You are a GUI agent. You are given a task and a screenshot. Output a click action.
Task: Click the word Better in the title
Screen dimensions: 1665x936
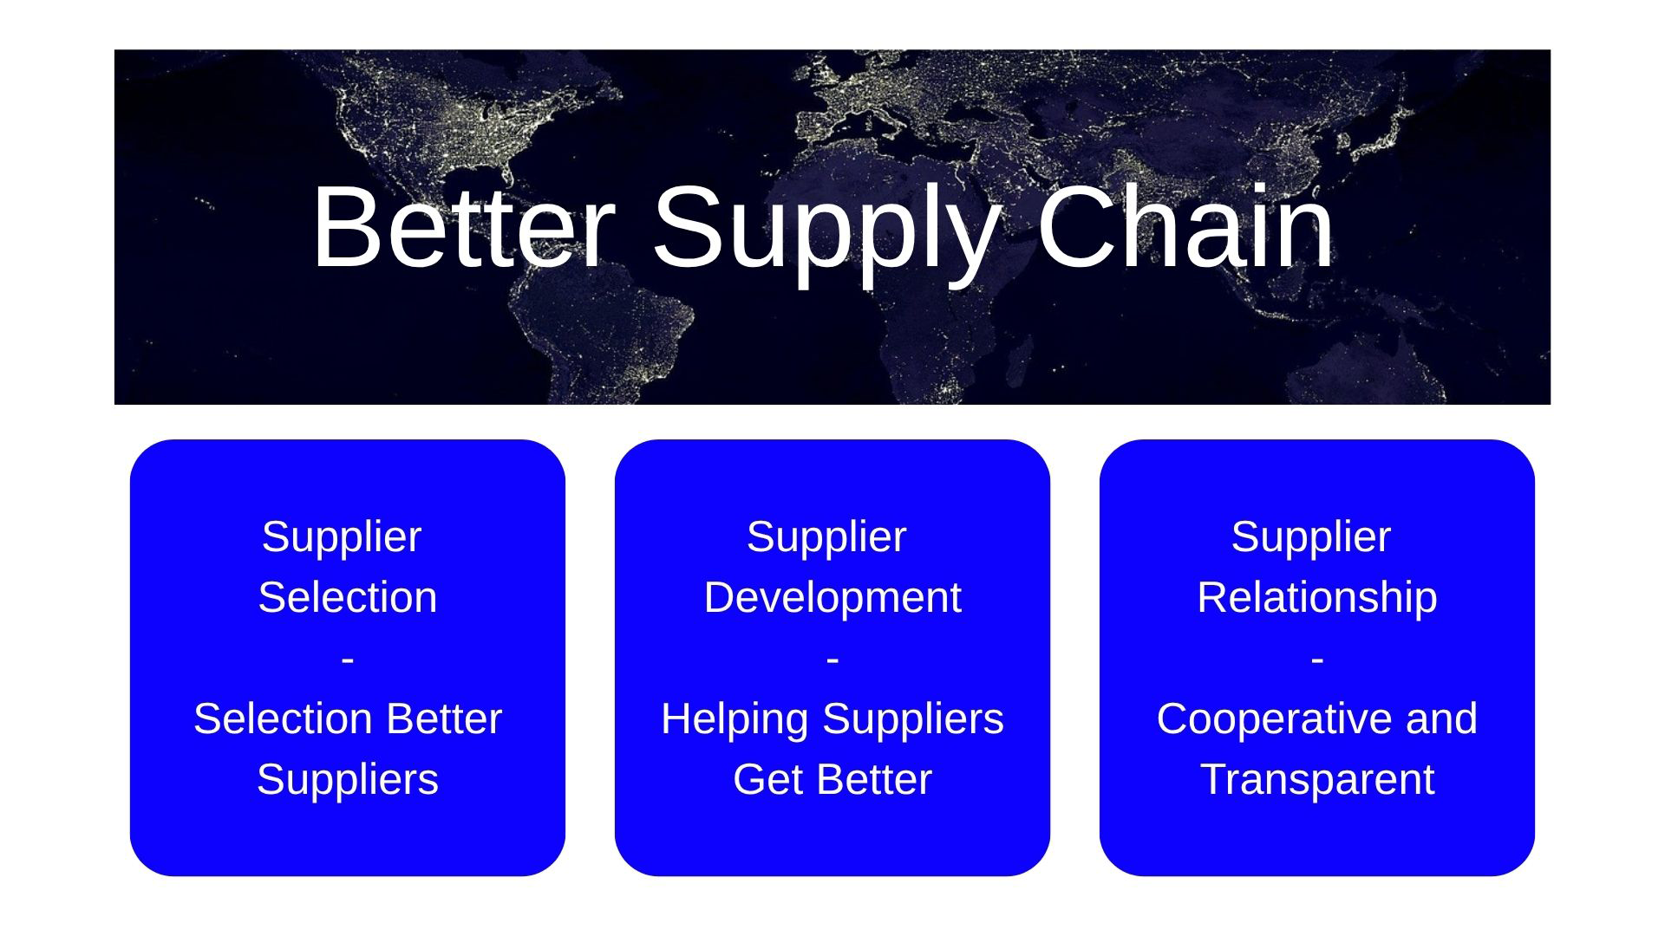(x=464, y=227)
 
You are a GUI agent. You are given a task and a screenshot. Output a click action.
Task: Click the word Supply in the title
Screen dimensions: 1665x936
(x=825, y=234)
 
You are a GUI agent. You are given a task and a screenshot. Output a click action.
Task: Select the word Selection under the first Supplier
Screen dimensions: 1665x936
(x=348, y=597)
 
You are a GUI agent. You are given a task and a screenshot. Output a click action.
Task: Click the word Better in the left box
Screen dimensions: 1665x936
(x=443, y=718)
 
